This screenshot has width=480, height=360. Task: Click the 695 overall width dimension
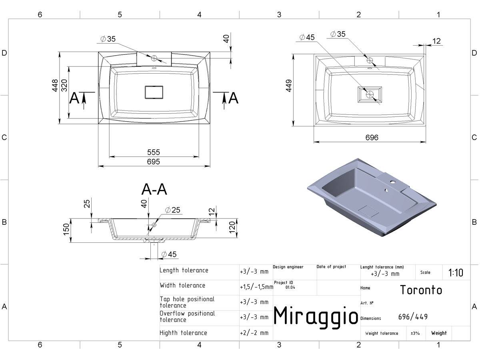coord(153,162)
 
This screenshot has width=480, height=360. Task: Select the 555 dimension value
coord(153,152)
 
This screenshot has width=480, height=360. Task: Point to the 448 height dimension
coord(55,86)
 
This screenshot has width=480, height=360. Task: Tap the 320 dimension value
coord(64,86)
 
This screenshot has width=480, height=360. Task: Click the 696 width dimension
coord(372,138)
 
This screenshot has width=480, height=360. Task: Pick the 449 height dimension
coord(289,86)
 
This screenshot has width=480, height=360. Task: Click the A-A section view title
coord(154,189)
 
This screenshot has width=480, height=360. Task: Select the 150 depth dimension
coord(66,230)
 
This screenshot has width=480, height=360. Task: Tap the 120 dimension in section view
coord(232,227)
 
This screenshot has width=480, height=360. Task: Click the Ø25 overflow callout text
coord(173,210)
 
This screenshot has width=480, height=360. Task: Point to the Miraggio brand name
coord(316,316)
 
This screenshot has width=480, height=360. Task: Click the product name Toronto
coord(421,290)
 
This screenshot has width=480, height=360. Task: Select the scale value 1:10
coord(456,273)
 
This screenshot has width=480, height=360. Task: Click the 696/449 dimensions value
coord(413,317)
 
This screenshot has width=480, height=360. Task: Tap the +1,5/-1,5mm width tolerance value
coord(256,287)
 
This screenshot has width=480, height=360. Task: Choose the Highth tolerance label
coord(183,333)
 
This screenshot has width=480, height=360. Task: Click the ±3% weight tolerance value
coord(415,333)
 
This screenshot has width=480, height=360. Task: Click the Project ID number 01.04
coord(290,288)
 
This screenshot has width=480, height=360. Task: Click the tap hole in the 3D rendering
coord(393,182)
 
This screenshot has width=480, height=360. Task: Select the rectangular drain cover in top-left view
coord(154,92)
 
